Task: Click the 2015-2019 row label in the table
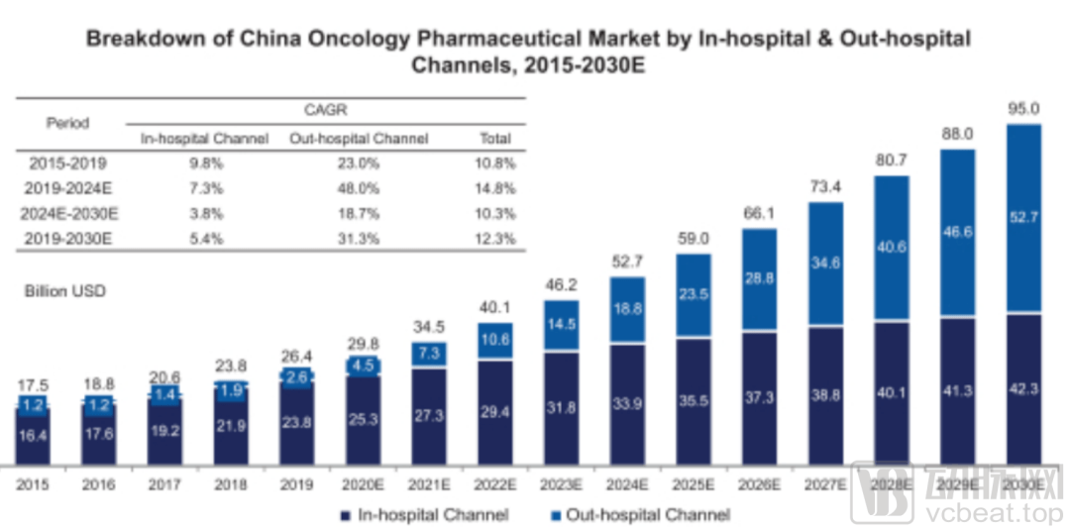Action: click(67, 162)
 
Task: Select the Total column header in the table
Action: click(495, 139)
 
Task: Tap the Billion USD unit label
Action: click(65, 291)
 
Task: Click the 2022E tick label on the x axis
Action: click(495, 485)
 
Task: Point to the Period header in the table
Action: click(67, 124)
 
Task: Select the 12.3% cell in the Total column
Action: click(495, 237)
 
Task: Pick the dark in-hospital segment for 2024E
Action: click(627, 404)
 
